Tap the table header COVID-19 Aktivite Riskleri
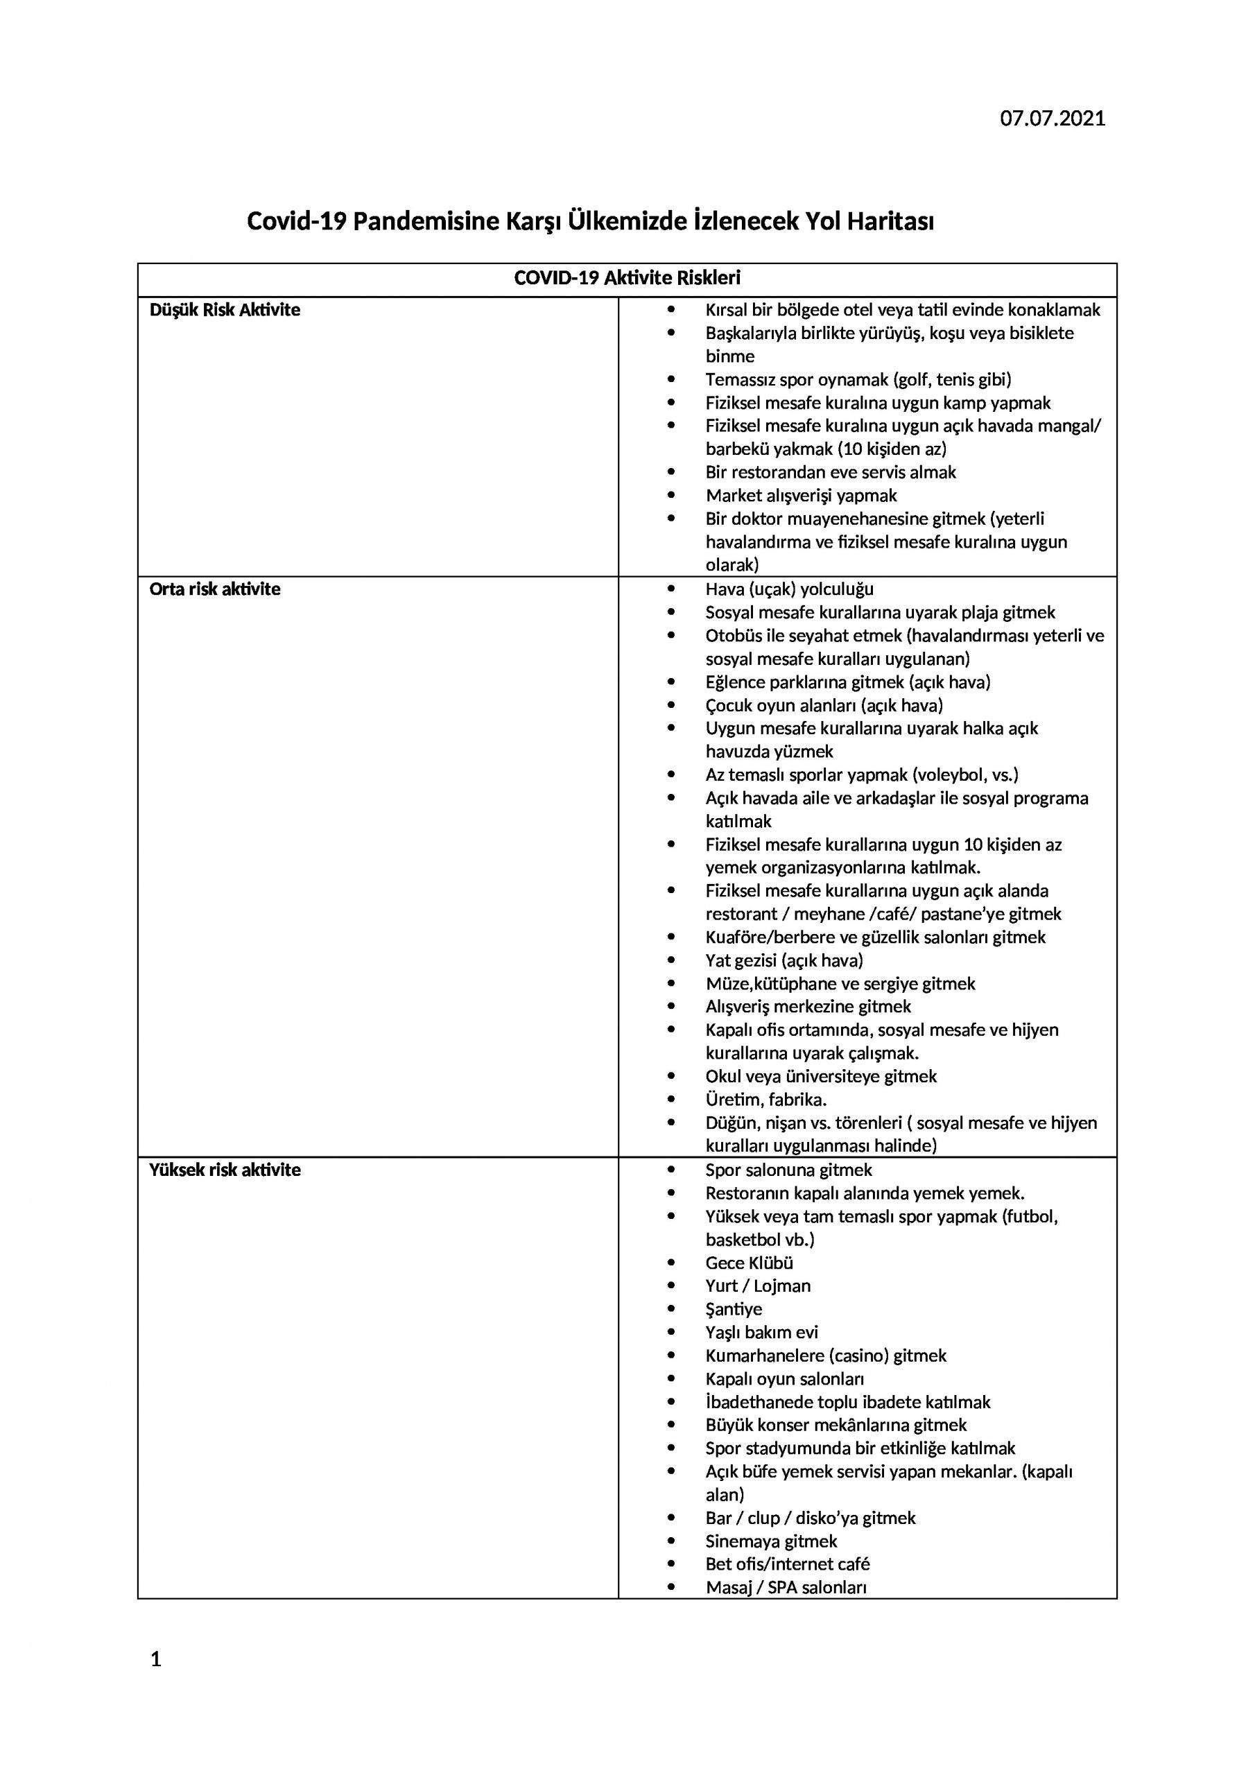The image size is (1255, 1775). (627, 278)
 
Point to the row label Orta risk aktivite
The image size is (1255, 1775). (214, 589)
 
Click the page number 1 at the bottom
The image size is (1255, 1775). (155, 1659)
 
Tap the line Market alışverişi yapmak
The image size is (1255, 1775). (800, 496)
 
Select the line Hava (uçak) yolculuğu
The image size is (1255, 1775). (789, 589)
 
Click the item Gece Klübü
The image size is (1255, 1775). (749, 1263)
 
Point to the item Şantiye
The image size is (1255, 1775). (733, 1309)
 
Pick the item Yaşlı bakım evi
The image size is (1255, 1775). (761, 1332)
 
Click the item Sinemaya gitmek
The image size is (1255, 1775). (771, 1541)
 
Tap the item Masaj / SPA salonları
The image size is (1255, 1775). (786, 1587)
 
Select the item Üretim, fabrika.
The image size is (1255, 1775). (765, 1100)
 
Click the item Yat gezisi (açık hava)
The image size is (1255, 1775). (784, 960)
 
